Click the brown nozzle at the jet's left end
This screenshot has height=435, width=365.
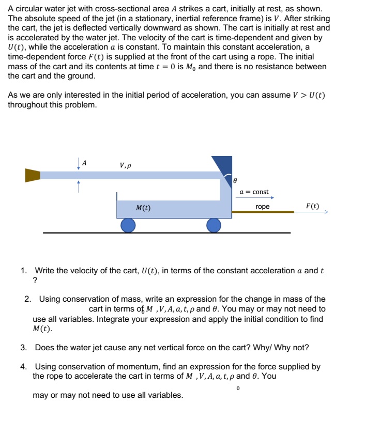point(33,175)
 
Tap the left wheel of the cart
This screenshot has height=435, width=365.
point(128,225)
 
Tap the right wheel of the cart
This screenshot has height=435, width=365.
point(214,225)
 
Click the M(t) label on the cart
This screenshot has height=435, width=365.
point(143,208)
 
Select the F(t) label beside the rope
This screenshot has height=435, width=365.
point(312,206)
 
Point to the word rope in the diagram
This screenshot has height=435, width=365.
point(263,207)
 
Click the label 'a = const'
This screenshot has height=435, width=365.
point(254,192)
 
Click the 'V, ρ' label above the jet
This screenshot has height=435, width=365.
point(125,166)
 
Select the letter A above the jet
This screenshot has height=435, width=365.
point(85,163)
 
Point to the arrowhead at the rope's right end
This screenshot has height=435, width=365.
point(325,211)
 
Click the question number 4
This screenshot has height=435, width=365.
point(24,367)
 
